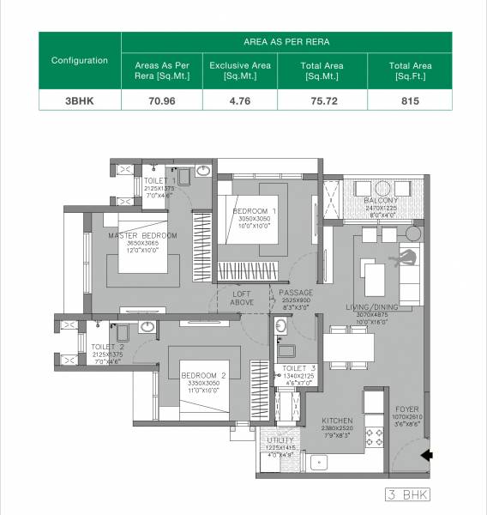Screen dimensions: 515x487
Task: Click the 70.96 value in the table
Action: point(162,100)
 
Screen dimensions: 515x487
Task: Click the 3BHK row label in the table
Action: point(79,100)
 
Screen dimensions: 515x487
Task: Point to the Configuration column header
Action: point(79,60)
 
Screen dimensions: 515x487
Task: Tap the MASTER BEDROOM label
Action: point(142,235)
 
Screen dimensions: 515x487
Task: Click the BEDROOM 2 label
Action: point(203,375)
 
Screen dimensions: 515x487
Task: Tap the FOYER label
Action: point(407,409)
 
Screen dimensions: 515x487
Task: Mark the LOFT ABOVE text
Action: point(243,298)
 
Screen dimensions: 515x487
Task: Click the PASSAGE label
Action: point(297,293)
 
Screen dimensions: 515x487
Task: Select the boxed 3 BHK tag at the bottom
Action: point(407,495)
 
